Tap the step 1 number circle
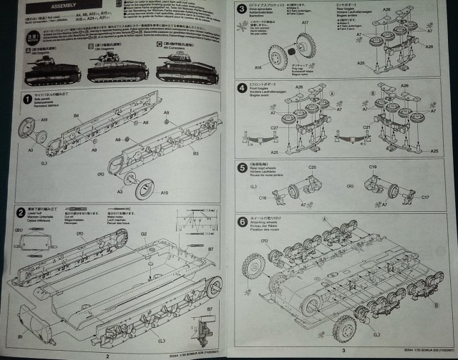[27, 99]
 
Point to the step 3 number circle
[242, 9]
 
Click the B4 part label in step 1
[76, 115]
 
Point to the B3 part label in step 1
[196, 152]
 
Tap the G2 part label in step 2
[143, 233]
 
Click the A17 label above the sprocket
[305, 24]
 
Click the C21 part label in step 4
[367, 129]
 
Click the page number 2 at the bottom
[107, 353]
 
